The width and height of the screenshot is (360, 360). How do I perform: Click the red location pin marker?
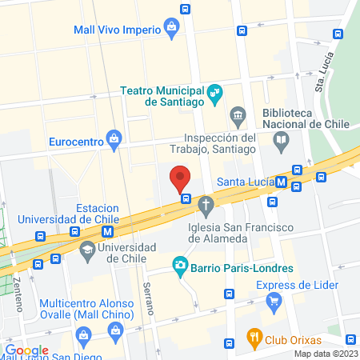[180, 178]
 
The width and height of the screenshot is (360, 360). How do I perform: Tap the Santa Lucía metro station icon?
[281, 181]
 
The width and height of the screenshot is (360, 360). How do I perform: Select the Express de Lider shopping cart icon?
[275, 302]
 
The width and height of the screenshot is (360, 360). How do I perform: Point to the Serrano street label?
[147, 298]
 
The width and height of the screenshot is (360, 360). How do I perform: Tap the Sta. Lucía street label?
[322, 74]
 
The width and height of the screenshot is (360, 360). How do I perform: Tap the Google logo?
[27, 350]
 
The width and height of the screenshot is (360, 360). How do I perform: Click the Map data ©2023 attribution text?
[325, 354]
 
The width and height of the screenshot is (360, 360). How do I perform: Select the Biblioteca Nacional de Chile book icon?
[281, 142]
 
